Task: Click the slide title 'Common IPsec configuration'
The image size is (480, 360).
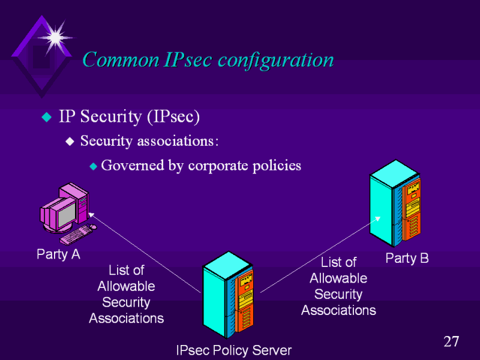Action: click(x=208, y=60)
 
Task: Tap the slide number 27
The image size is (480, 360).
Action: click(x=451, y=342)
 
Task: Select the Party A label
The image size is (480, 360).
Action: click(x=58, y=254)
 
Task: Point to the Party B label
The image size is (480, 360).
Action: click(x=407, y=258)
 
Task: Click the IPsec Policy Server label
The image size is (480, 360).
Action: click(x=233, y=350)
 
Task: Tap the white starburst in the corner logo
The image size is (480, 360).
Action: click(x=55, y=37)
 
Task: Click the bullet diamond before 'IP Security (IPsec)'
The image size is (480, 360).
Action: click(x=46, y=116)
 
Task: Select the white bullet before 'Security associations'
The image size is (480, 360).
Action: click(x=70, y=142)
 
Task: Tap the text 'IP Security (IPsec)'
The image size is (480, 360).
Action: click(x=128, y=116)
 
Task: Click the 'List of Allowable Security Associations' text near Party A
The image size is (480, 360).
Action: click(x=126, y=294)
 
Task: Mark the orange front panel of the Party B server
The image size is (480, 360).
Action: click(x=411, y=213)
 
